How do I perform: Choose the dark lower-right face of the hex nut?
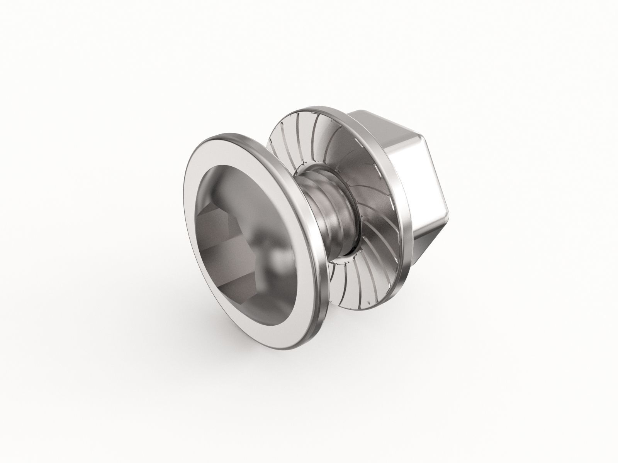coord(429,247)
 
